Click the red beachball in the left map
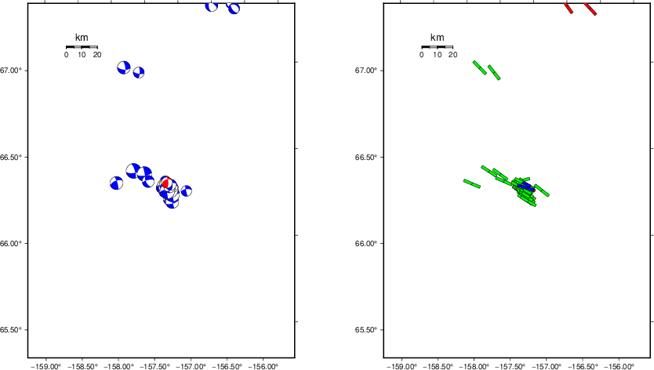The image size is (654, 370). [165, 183]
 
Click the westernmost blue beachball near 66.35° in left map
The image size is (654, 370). [116, 183]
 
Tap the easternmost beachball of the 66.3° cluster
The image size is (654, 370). [187, 190]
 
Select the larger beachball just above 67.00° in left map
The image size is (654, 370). [123, 67]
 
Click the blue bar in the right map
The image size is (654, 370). [525, 187]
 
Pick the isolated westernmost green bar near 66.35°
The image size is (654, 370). [471, 183]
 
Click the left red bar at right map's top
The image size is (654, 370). [569, 8]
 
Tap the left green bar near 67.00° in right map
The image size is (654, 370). [479, 68]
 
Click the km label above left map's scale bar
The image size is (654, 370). [82, 38]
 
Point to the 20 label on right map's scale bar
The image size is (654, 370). [452, 55]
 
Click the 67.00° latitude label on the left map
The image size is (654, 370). [13, 71]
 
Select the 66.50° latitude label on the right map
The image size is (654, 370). [369, 157]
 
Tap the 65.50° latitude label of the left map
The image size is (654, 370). [13, 329]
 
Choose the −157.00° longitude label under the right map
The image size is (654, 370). [547, 365]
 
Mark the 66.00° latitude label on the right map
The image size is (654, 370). [369, 243]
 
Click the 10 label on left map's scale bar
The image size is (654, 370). [82, 55]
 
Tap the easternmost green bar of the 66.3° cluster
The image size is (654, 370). [542, 190]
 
